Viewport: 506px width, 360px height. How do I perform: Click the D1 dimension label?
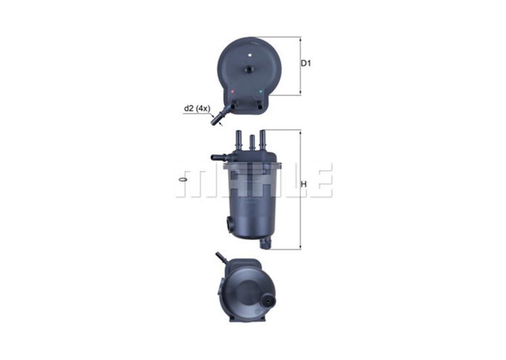pos(305,64)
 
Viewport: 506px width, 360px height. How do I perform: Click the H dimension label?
pos(304,184)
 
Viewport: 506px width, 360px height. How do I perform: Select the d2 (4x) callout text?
pos(196,108)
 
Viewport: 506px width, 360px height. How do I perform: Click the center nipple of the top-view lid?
pos(247,68)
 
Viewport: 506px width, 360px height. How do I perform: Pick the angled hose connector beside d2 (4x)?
pos(218,120)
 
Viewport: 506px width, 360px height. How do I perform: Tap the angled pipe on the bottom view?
pos(222,259)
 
